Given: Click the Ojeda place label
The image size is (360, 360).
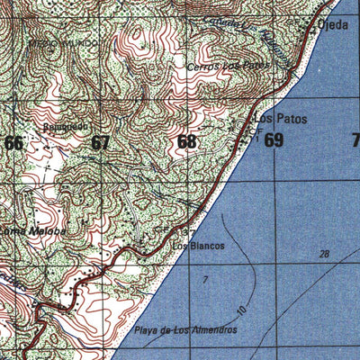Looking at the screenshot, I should pos(332,25).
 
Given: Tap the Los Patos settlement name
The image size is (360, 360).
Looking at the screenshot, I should pos(274,118).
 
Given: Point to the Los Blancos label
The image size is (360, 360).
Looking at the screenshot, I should pos(197,245).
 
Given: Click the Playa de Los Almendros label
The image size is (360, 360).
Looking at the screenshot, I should pos(186,330).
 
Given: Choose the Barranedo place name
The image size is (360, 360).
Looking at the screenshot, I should pos(64,127).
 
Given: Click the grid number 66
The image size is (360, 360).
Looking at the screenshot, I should pos(14,142).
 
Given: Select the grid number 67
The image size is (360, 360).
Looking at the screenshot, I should pos(100,142).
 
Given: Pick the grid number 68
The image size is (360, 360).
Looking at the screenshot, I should pos(186,141).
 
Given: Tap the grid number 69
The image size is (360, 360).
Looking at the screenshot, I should pos(274,140).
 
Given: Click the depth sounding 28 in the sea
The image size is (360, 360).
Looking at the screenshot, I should pos(324,255).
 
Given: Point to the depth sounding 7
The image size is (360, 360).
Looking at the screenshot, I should pos(205,282).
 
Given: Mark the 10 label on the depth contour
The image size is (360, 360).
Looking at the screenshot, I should pos(241,310).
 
